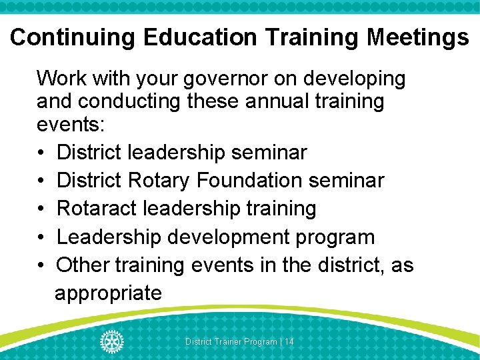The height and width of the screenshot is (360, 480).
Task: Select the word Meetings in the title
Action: coord(418,37)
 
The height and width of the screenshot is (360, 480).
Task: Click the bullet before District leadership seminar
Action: coord(41,153)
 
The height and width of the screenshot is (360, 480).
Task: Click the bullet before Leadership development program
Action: coord(41,237)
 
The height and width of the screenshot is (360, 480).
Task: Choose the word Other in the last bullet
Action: coord(83,265)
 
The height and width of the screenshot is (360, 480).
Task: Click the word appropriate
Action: coord(108,293)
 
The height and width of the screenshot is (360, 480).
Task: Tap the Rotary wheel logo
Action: coord(112,341)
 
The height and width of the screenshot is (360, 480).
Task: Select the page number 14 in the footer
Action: coord(289,342)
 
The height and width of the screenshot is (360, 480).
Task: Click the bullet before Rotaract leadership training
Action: coord(41,209)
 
